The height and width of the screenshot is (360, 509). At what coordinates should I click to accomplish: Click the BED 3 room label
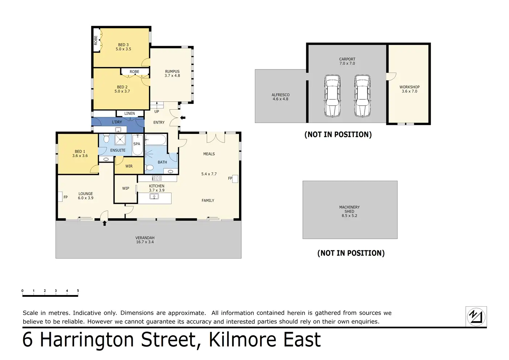[x=123, y=45]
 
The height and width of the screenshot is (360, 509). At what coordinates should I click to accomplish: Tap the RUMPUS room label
[x=172, y=71]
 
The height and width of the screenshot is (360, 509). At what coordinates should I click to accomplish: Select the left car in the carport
[x=332, y=96]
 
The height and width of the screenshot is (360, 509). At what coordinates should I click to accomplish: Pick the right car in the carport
[x=362, y=96]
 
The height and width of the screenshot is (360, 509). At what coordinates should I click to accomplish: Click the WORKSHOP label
[x=409, y=87]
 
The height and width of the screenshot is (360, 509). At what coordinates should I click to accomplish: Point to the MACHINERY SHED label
[x=349, y=209]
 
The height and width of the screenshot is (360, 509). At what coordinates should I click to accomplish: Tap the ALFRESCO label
[x=280, y=95]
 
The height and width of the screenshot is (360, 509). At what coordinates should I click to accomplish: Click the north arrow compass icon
[x=476, y=316]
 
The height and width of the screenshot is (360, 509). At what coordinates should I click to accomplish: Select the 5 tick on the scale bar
[x=78, y=291]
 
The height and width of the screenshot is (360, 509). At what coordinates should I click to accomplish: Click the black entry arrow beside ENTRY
[x=183, y=118]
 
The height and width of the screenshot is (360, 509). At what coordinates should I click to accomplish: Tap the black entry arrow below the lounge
[x=104, y=224]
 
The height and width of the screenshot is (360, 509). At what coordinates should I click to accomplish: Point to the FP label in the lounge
[x=66, y=197]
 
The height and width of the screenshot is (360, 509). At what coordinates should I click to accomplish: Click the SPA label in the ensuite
[x=137, y=144]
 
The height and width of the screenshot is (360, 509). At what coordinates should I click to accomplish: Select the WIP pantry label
[x=126, y=188]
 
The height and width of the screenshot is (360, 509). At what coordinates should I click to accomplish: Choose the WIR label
[x=129, y=166]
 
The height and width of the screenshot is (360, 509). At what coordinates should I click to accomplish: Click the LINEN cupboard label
[x=130, y=114]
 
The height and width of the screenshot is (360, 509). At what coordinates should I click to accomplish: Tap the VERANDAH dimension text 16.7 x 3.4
[x=145, y=242]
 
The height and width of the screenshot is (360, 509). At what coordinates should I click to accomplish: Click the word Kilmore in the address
[x=240, y=340]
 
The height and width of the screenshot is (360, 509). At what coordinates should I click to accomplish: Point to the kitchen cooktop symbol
[x=157, y=178]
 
